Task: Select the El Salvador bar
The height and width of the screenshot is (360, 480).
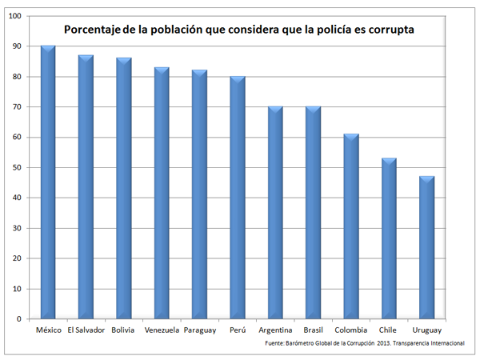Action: click(86, 187)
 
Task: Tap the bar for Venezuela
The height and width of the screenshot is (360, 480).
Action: click(162, 193)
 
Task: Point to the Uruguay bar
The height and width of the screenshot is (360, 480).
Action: click(427, 248)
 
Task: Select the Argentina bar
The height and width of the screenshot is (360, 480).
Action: click(275, 213)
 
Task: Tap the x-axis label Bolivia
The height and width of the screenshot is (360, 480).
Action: click(124, 330)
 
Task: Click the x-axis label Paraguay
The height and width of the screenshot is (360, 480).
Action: click(200, 330)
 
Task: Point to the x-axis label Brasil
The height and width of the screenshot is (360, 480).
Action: click(314, 330)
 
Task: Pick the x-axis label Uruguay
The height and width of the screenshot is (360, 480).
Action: click(427, 330)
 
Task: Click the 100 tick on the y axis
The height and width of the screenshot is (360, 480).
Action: click(16, 16)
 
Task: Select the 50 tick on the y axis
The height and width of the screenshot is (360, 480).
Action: click(18, 167)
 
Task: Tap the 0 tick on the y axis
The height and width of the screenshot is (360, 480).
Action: click(20, 319)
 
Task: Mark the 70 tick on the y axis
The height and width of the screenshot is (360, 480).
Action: click(18, 107)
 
